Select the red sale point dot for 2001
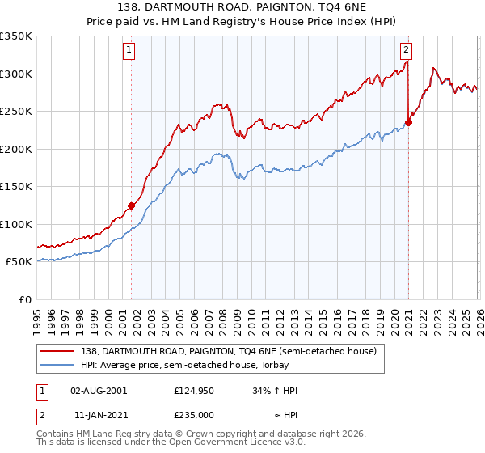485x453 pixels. [x=131, y=205]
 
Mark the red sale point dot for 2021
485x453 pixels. [x=408, y=123]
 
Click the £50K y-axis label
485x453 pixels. [x=19, y=262]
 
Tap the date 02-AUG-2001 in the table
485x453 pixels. [x=99, y=390]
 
